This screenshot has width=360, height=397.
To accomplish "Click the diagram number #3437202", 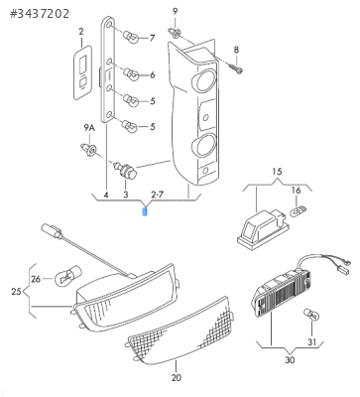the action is tap(40, 14).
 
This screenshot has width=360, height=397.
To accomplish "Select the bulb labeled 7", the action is tap(131, 37).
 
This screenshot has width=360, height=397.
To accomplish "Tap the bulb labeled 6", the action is tap(131, 73).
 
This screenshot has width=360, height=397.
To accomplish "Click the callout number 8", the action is tap(236, 50).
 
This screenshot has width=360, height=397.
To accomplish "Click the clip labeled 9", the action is tap(175, 33).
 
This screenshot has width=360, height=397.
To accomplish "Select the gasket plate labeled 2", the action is tap(82, 72).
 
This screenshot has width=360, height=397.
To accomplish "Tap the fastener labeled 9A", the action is tap(88, 150).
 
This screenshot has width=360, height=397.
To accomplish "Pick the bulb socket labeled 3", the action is tap(126, 171).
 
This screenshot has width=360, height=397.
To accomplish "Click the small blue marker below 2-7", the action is tap(145, 211).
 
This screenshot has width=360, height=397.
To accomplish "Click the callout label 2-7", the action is tap(158, 195).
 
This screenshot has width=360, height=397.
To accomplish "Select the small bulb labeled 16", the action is tap(299, 210).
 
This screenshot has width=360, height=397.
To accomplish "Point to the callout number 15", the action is tap(278, 172).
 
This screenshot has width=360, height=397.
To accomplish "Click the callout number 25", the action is tap(16, 292).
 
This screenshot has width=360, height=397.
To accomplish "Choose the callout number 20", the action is tap(177, 377).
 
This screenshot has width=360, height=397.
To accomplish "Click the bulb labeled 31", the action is tap(311, 316).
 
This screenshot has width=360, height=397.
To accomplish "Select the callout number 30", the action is tap(290, 359).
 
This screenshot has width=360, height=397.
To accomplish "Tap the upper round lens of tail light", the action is tap(204, 80).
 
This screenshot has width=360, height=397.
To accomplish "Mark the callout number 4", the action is tap(106, 195).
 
